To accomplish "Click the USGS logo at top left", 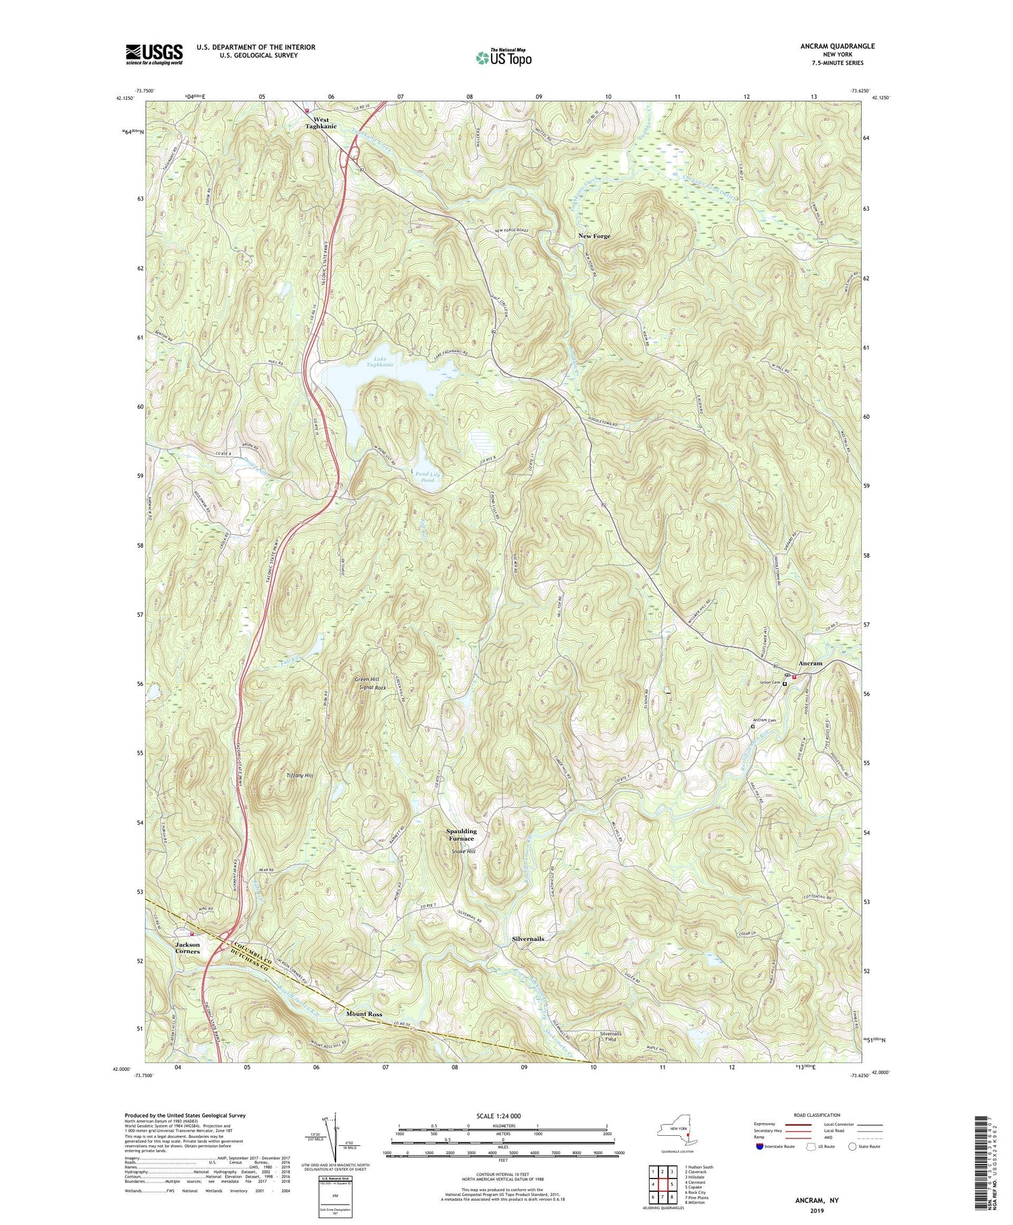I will click(154, 54).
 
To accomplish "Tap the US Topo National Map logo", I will click(502, 57).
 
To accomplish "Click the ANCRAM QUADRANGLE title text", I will click(839, 46).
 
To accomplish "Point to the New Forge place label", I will click(594, 236).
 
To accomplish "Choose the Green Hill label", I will click(367, 679).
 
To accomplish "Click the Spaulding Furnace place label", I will click(461, 835).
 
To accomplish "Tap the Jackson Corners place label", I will click(187, 947).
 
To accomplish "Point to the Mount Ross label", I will click(364, 1014).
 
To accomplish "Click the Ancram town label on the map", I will click(810, 664).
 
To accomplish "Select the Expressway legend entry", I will click(768, 1125).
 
